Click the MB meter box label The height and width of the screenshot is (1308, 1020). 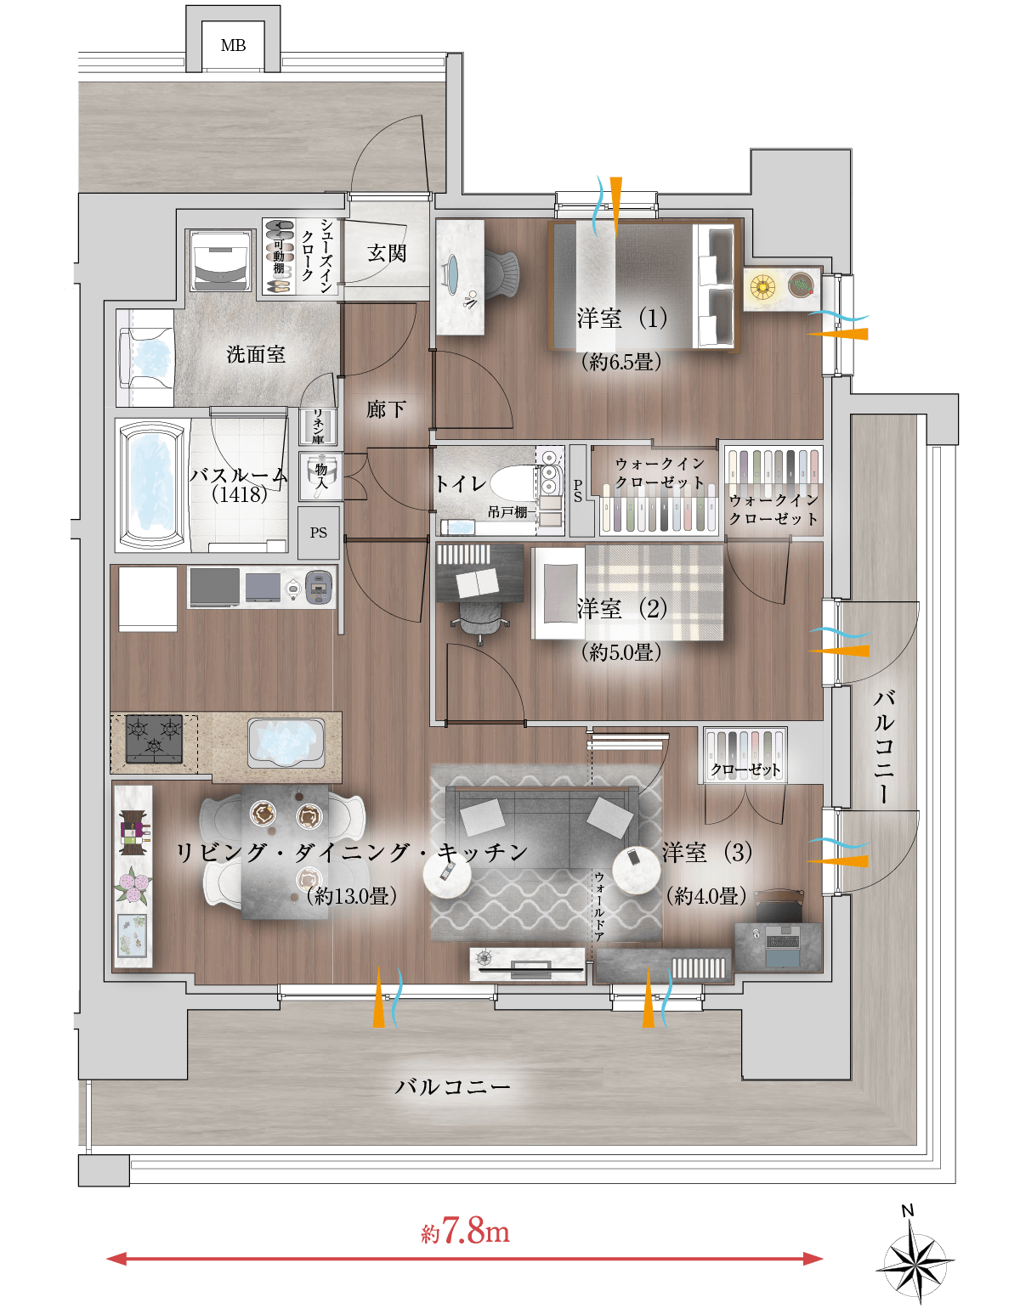233,45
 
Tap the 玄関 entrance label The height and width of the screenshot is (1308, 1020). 387,253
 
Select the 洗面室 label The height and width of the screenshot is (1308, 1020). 256,354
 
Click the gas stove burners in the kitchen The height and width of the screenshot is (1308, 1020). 154,739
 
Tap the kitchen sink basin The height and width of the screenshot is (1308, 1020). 286,743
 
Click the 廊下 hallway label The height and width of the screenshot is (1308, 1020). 386,409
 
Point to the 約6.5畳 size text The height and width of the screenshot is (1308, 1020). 621,362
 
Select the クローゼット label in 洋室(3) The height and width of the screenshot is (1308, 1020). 745,770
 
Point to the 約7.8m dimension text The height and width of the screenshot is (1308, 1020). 465,1232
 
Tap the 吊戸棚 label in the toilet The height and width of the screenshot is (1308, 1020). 507,512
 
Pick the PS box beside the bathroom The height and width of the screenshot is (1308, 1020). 319,533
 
